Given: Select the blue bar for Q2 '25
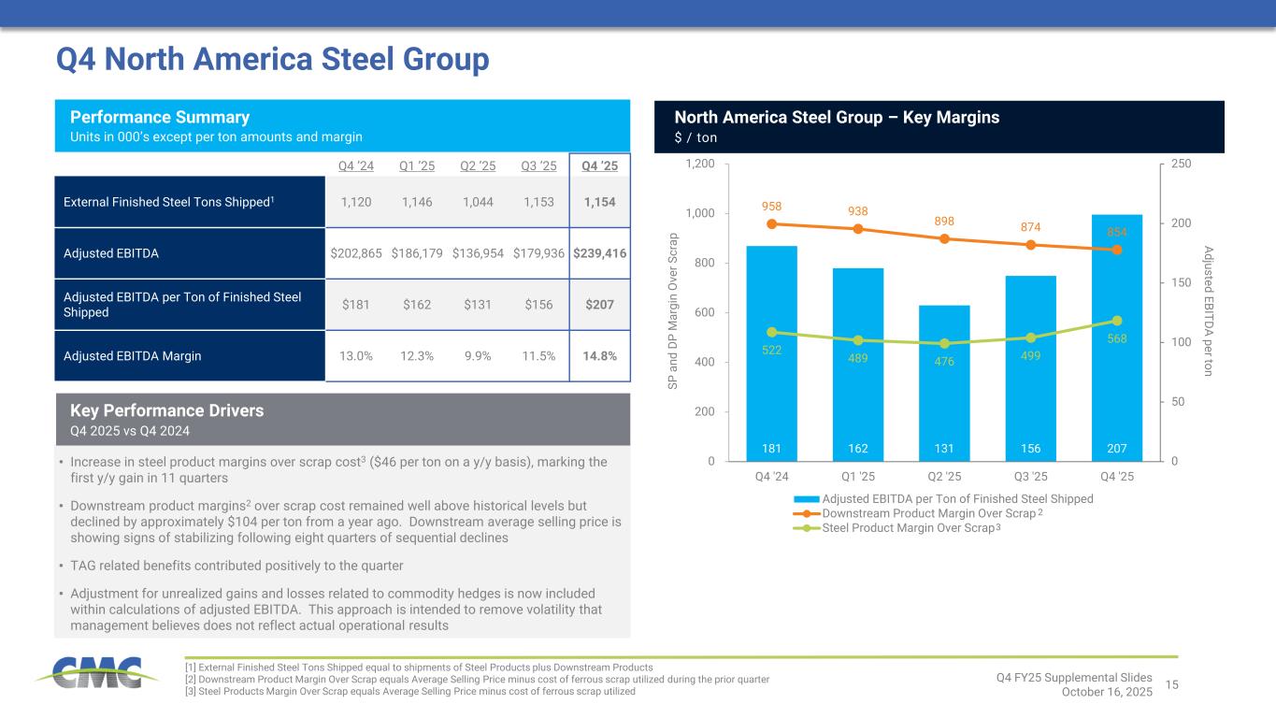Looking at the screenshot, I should point(944,382).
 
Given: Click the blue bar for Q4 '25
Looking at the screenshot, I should point(1117,337).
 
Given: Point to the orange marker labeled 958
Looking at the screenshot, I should point(771,223).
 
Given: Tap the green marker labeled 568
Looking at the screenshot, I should point(1117,321).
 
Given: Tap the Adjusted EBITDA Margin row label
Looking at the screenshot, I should point(132,355).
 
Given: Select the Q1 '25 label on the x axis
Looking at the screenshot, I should point(857,476).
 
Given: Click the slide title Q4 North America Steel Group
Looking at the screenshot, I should point(273,59).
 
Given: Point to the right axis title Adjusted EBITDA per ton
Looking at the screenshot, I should point(1209,311).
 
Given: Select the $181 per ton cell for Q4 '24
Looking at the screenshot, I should point(355,305).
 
